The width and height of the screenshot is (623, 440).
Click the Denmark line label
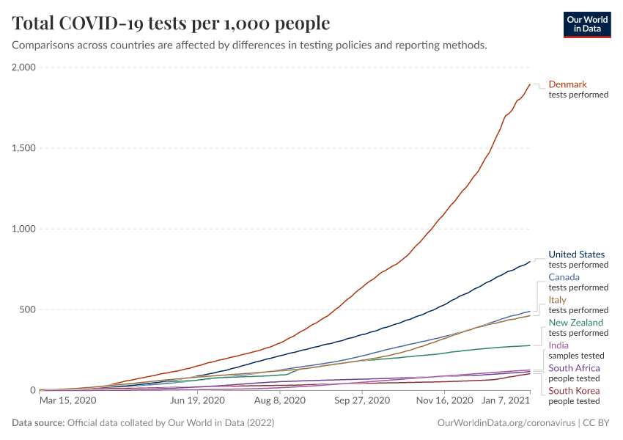click(567, 84)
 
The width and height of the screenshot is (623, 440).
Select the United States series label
click(576, 254)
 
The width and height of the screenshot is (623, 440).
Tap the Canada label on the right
click(564, 277)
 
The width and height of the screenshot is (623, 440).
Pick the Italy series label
click(557, 300)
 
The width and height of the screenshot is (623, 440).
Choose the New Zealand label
click(575, 323)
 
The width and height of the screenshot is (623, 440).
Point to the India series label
click(559, 345)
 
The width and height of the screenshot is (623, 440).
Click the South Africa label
click(574, 368)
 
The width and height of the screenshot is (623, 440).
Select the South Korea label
click(574, 391)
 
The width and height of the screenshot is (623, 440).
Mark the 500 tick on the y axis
click(28, 309)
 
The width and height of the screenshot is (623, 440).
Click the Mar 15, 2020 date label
click(67, 401)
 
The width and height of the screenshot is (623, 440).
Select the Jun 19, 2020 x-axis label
click(196, 401)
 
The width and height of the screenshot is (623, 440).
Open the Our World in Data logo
click(586, 24)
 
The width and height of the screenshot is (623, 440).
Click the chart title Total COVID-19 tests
click(171, 23)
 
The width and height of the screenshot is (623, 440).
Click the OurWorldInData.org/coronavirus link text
click(505, 423)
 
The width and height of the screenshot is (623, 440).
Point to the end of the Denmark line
click(530, 84)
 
